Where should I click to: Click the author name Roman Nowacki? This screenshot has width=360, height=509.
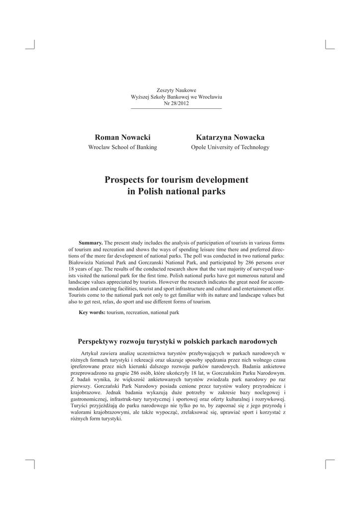(122, 137)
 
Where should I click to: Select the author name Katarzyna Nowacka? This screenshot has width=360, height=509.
(230, 137)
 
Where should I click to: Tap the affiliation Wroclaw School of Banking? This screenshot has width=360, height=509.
(122, 147)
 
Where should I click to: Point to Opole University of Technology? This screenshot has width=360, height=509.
(230, 147)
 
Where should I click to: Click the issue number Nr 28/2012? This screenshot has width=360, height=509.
(176, 103)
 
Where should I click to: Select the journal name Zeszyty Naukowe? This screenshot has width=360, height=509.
(176, 90)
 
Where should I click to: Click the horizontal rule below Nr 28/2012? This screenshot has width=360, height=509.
(176, 108)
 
